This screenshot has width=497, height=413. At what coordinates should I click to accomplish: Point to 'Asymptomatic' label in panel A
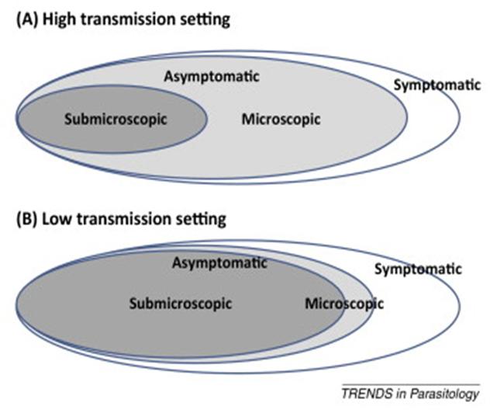[x=211, y=77]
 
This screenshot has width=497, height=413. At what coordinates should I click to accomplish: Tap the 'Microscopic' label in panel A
[x=281, y=120]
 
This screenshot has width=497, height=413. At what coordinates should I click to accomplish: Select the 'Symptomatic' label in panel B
[x=418, y=269]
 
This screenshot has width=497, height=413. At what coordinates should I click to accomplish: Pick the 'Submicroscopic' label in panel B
[x=180, y=303]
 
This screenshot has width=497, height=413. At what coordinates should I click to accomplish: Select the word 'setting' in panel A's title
[x=205, y=19]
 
